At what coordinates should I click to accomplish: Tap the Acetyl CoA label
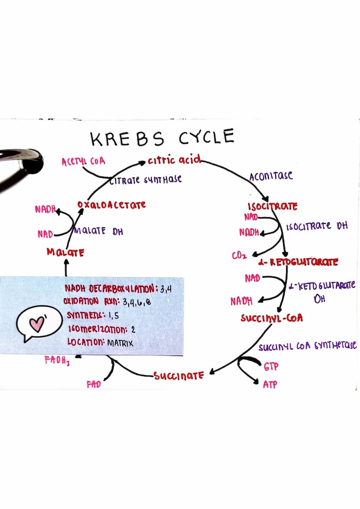83,162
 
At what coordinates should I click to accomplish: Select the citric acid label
174,160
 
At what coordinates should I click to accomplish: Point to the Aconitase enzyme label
271,176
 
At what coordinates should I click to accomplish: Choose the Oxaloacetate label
111,204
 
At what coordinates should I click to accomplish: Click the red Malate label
66,252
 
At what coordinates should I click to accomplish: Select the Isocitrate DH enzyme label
317,226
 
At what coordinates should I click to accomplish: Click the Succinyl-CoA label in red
272,318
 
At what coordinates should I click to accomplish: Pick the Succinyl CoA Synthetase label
307,346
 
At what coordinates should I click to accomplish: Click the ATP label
270,385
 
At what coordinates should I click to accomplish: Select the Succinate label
179,375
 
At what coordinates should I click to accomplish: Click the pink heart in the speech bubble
37,324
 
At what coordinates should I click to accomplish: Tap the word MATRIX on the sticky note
120,343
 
